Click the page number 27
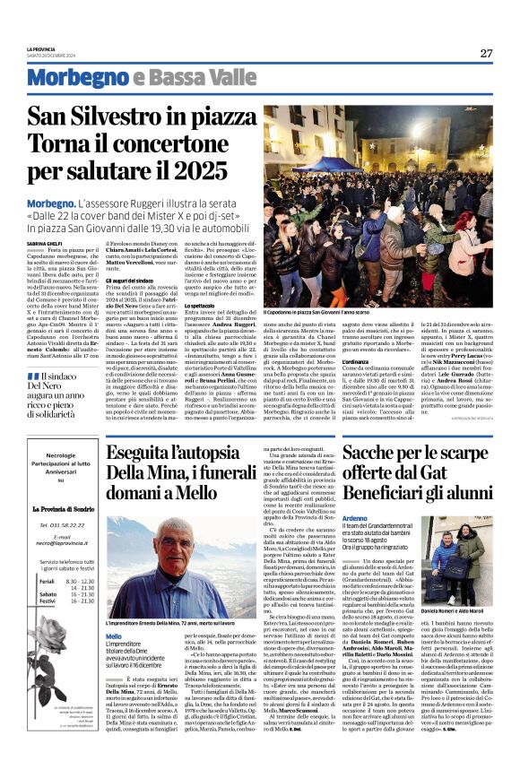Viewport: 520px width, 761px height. [485, 53]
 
